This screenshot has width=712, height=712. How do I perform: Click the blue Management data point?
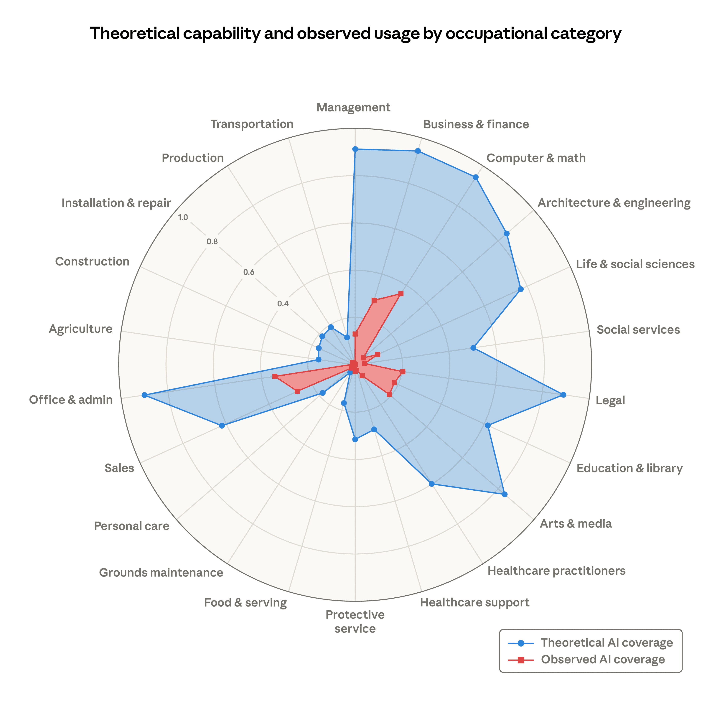coord(355,149)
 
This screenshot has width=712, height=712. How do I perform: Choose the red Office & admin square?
coord(275,376)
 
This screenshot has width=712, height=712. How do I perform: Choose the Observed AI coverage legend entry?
coord(603,670)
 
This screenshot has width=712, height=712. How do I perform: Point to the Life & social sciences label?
coord(635,264)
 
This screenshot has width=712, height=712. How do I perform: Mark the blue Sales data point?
coord(222,426)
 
